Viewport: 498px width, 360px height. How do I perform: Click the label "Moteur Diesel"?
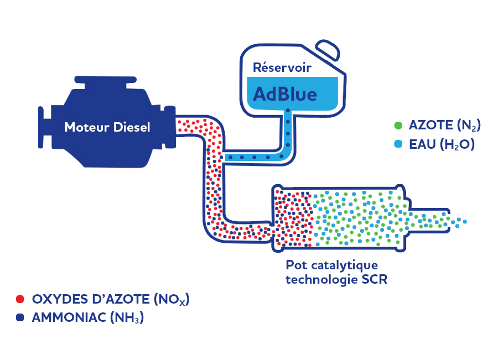point(107,127)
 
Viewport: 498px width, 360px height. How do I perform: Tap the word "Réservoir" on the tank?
point(282,68)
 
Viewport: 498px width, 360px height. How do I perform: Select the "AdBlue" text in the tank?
point(285,93)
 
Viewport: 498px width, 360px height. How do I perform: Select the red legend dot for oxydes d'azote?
point(20,299)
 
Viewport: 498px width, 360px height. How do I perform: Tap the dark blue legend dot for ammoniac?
point(20,318)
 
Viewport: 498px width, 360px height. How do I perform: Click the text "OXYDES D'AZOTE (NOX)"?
point(111,299)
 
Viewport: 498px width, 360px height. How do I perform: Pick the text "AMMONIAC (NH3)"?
point(88,318)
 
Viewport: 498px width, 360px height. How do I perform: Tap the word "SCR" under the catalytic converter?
point(375,279)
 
